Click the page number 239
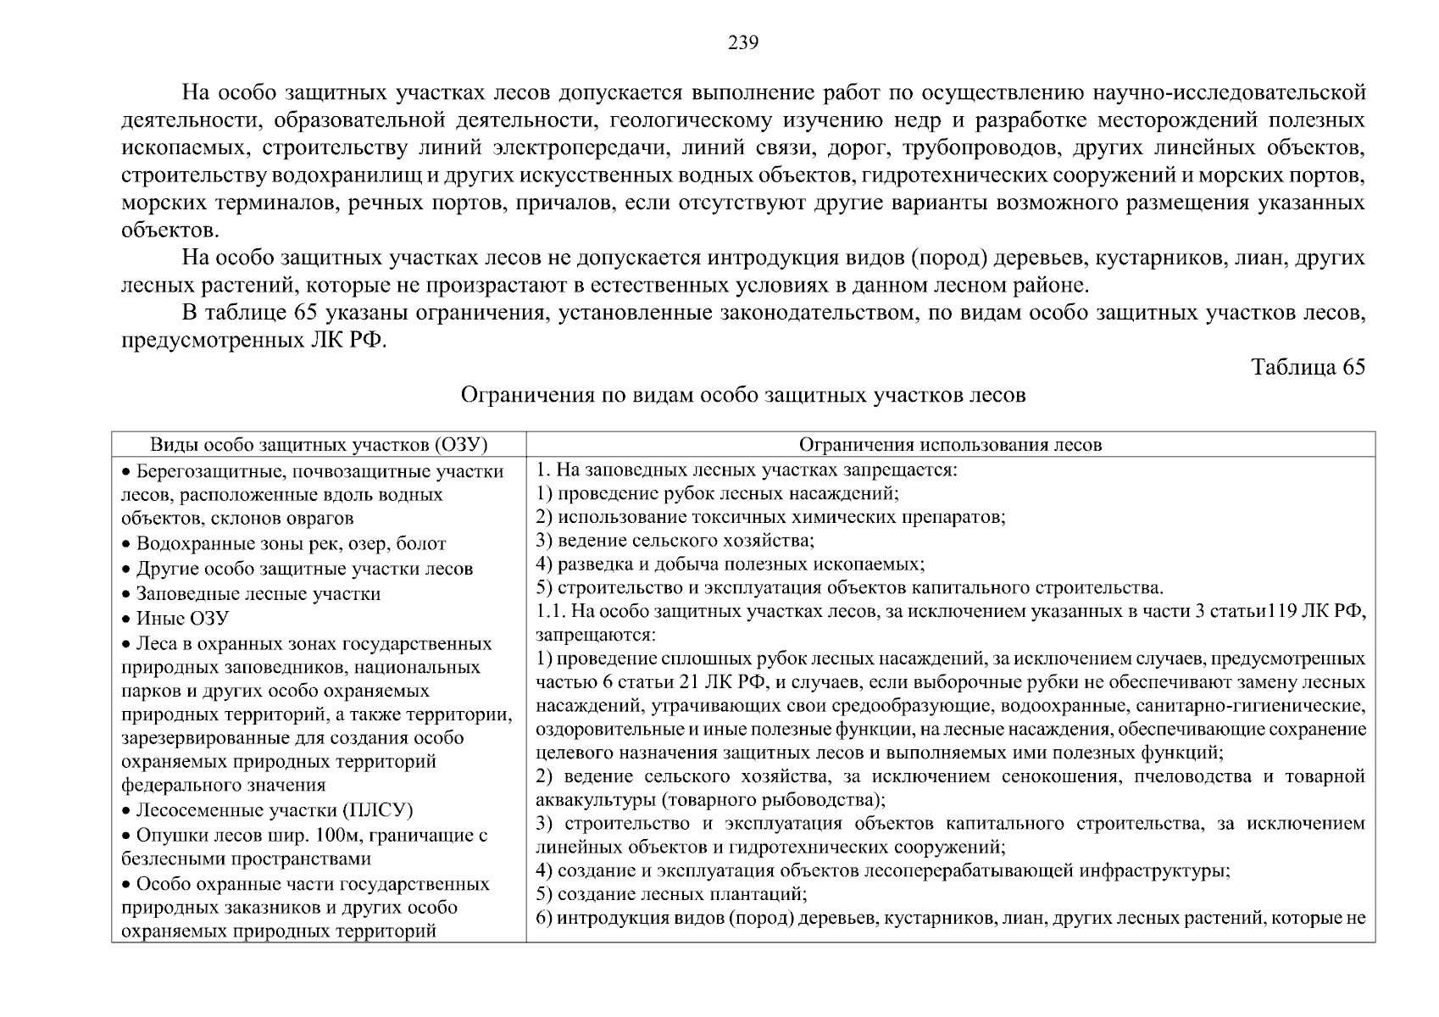click(743, 43)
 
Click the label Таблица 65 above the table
click(1308, 367)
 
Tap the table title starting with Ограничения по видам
click(743, 395)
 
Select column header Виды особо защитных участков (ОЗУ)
click(319, 445)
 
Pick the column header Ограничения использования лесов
click(950, 445)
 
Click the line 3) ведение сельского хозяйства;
click(675, 541)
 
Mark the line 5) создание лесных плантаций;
click(671, 894)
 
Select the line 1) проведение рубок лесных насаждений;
click(717, 493)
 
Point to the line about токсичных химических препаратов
click(770, 517)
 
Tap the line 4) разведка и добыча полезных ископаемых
click(731, 564)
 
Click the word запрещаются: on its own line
click(596, 635)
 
